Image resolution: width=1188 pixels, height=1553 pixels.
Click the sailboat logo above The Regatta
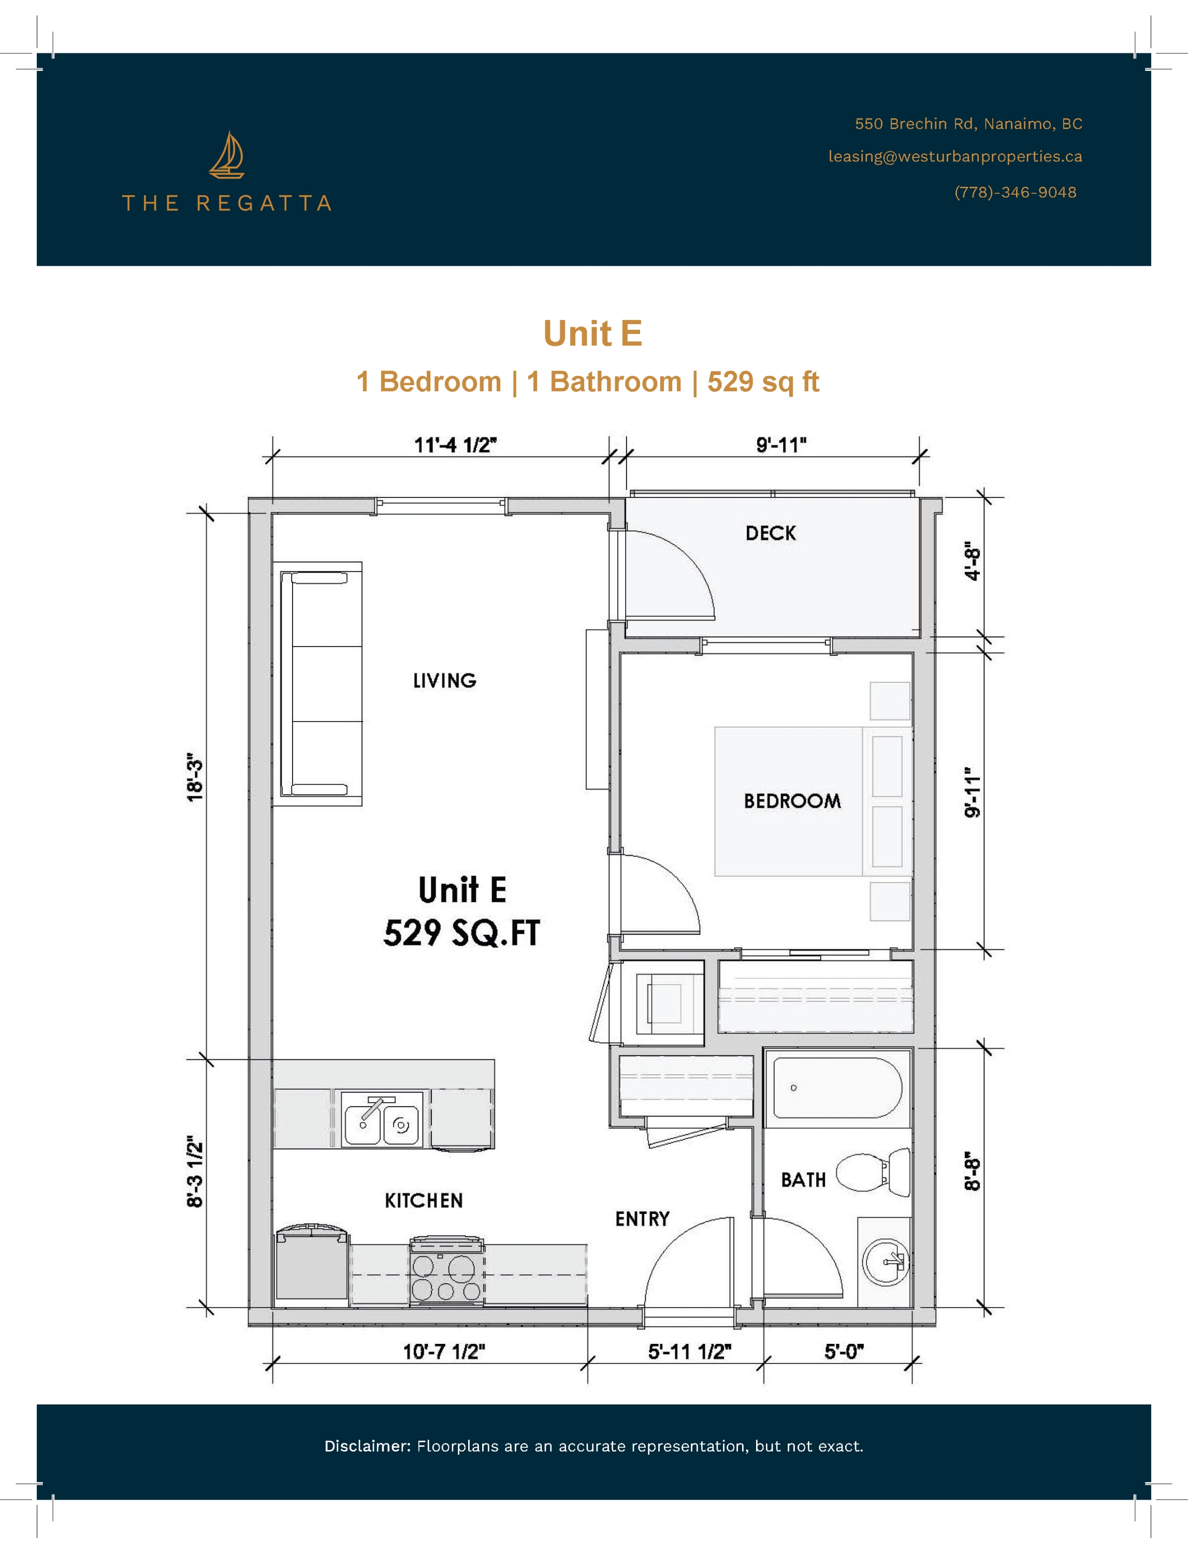(x=226, y=155)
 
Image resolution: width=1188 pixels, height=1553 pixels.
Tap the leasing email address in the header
(x=954, y=156)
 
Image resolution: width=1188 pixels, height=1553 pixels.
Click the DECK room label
(x=770, y=534)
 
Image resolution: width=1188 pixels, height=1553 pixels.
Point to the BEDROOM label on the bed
(x=792, y=801)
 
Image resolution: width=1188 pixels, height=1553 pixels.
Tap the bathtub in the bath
(x=836, y=1088)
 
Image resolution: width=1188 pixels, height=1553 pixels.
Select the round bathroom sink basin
(x=884, y=1262)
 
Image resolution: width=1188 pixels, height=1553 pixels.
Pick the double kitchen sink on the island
(x=382, y=1119)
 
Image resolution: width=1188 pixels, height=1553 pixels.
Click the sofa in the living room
(x=318, y=684)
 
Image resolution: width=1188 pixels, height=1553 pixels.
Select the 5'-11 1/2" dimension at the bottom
(x=689, y=1352)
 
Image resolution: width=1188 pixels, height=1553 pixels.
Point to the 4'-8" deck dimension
(x=973, y=563)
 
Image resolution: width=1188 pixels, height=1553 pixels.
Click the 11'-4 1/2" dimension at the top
(x=455, y=445)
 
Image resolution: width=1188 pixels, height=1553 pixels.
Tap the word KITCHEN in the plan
(x=424, y=1200)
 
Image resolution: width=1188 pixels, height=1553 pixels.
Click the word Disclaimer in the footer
(x=366, y=1446)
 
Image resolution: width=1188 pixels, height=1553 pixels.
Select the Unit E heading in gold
(x=592, y=334)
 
